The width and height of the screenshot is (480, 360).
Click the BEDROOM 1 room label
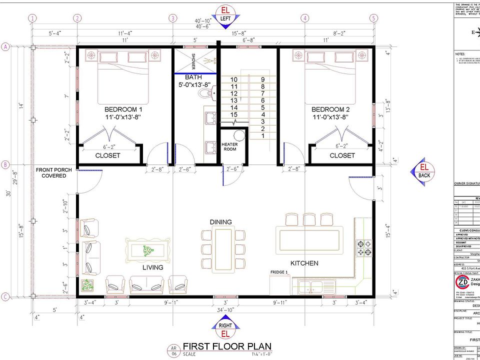click(x=123, y=109)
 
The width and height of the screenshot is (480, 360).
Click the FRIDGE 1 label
click(x=279, y=272)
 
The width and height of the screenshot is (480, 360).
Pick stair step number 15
click(x=233, y=114)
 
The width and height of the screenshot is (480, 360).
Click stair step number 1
click(x=262, y=135)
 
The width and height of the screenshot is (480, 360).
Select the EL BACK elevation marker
click(x=424, y=171)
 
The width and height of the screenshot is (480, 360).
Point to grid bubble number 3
click(x=172, y=18)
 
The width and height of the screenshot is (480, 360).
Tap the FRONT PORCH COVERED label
click(x=53, y=173)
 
